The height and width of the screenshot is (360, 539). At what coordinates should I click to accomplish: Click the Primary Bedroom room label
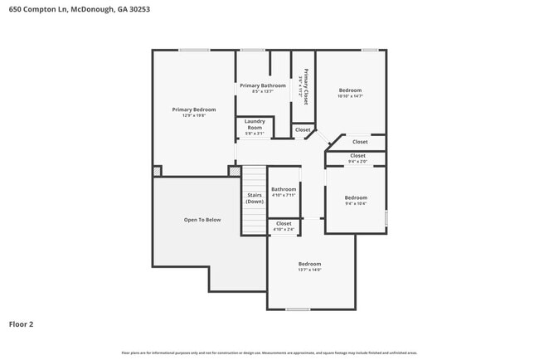(x=193, y=109)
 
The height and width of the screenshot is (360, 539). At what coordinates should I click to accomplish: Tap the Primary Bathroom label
(x=262, y=85)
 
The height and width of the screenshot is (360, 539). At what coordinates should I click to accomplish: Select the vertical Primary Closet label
(x=305, y=86)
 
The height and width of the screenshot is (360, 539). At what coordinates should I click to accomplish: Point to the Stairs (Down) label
(x=255, y=198)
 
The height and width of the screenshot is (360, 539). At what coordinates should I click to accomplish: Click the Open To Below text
(x=202, y=220)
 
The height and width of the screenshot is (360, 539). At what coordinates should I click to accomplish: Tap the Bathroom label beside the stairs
(x=284, y=189)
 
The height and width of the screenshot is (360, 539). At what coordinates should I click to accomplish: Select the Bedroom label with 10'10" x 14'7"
(x=351, y=90)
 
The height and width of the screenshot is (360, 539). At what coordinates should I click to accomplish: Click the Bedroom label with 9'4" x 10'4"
(x=356, y=197)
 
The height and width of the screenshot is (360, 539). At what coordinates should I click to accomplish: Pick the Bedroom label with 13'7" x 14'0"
(x=309, y=263)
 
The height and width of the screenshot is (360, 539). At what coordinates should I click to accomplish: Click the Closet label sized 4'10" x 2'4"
(x=284, y=223)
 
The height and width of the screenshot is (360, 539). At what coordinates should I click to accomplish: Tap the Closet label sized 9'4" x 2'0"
(x=357, y=156)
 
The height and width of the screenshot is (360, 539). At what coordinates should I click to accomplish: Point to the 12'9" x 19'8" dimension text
(x=193, y=116)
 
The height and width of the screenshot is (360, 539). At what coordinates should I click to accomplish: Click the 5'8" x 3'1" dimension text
(x=255, y=134)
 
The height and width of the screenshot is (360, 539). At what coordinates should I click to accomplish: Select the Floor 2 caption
(x=21, y=324)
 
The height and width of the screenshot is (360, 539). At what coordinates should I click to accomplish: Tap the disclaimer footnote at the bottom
(x=269, y=353)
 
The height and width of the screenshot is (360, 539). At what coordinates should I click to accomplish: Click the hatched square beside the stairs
(x=235, y=171)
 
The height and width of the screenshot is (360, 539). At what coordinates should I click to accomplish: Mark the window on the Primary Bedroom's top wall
(x=194, y=50)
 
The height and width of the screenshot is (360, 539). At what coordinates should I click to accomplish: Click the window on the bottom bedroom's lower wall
(x=298, y=309)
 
